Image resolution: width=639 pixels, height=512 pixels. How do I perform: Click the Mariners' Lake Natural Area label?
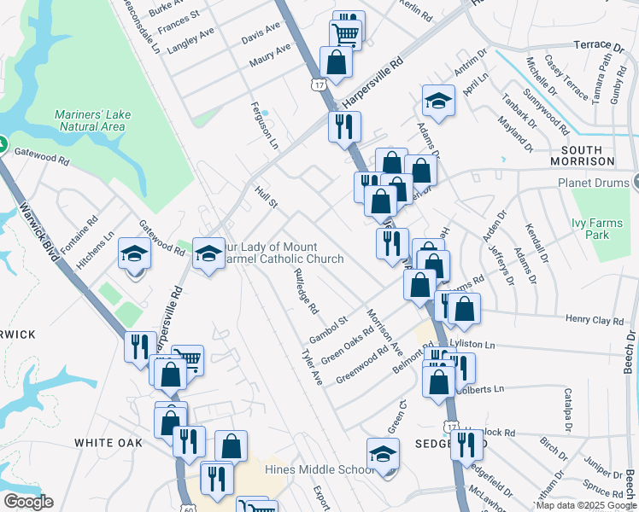pyautogui.click(x=91, y=120)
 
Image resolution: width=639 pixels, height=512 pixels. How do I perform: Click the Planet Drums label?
pyautogui.click(x=593, y=183)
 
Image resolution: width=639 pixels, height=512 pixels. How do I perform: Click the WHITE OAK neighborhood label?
pyautogui.click(x=108, y=443)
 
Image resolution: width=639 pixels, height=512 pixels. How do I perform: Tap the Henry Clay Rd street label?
pyautogui.click(x=595, y=319)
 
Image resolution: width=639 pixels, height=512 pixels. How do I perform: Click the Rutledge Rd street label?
pyautogui.click(x=305, y=291)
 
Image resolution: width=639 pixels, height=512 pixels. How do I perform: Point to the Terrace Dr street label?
pyautogui.click(x=599, y=45)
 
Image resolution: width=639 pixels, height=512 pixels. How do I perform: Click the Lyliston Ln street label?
pyautogui.click(x=495, y=343)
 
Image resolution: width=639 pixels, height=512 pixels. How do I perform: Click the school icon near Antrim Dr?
pyautogui.click(x=438, y=101)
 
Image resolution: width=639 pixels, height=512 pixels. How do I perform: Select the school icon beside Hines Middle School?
pyautogui.click(x=383, y=454)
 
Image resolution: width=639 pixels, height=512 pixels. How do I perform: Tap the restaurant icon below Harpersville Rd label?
pyautogui.click(x=345, y=126)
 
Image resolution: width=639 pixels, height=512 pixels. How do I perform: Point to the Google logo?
pyautogui.click(x=28, y=502)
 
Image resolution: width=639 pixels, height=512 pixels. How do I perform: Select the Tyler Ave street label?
pyautogui.click(x=312, y=366)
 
